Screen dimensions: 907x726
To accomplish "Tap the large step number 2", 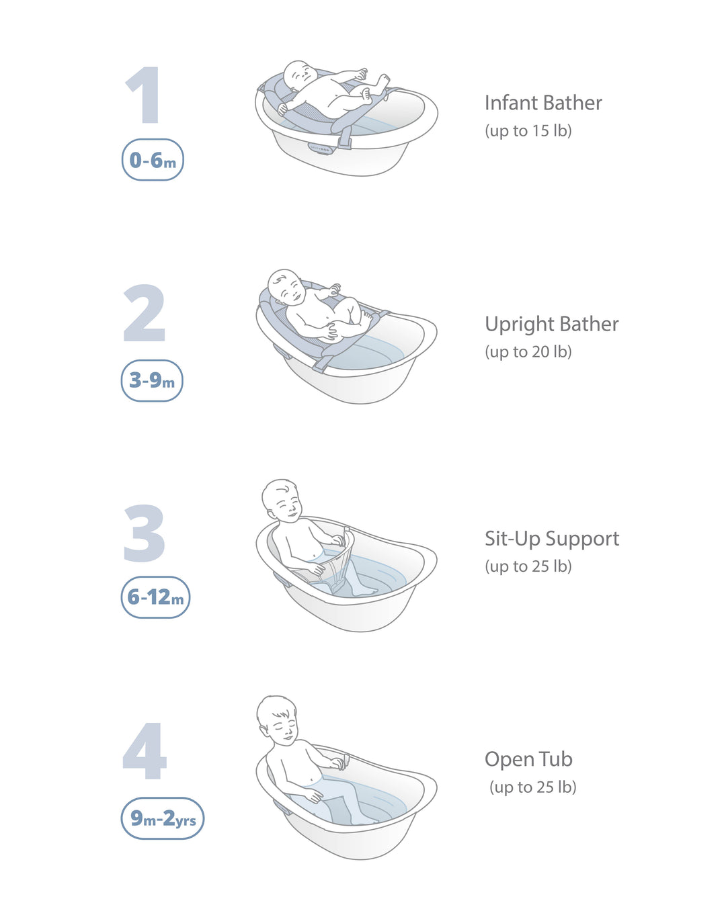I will click(x=145, y=313).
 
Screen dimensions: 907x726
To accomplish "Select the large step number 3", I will click(x=145, y=533).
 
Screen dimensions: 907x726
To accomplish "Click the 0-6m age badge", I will click(x=153, y=160).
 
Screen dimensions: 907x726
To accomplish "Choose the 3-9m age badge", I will click(x=152, y=380).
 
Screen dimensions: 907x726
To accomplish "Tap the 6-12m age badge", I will click(x=155, y=597).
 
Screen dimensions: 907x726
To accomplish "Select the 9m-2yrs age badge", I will click(x=163, y=818).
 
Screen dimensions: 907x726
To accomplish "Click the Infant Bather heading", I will click(x=543, y=103).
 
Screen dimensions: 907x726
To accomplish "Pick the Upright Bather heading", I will click(x=551, y=324).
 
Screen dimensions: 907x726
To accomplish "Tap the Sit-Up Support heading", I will click(x=552, y=538).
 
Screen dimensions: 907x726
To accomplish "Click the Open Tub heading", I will click(x=528, y=759).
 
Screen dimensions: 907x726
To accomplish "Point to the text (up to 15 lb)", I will click(x=528, y=130).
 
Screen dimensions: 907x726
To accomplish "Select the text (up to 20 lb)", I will click(x=528, y=351).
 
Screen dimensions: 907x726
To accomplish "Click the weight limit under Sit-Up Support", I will click(x=528, y=566).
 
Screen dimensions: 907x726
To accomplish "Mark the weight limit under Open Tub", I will click(x=532, y=787).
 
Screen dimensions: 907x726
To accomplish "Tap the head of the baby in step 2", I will click(x=286, y=287).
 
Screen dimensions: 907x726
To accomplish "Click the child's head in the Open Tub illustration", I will click(x=277, y=718).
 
